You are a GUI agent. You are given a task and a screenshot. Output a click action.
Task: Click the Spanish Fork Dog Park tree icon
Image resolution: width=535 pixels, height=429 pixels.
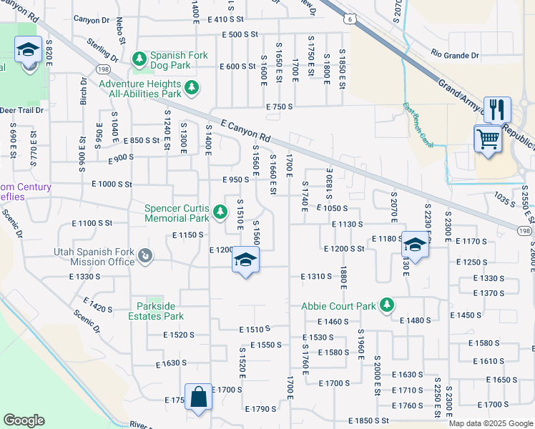pos(140,56)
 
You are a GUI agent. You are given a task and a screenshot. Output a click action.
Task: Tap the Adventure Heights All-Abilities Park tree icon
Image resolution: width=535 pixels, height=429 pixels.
pos(192,88)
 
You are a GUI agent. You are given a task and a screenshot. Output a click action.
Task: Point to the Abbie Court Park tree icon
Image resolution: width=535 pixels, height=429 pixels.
pos(387,305)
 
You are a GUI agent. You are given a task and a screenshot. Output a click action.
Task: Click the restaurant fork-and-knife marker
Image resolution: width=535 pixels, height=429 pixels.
pos(497,109)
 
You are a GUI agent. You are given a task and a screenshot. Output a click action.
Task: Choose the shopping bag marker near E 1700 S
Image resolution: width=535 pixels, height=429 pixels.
pos(198,398)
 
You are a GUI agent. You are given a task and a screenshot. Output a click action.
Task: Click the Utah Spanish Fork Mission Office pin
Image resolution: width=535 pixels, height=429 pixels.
pos(144,255)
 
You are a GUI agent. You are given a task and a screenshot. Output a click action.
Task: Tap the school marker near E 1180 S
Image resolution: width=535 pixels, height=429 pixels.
pos(415,245)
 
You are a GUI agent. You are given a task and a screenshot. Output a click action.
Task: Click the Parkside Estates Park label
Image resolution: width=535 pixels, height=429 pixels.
pos(156,311)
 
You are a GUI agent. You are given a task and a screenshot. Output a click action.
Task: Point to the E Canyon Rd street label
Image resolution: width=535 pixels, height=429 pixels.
pos(246,129)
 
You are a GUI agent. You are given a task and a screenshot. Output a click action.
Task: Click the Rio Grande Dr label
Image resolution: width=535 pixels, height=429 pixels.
pos(455,55)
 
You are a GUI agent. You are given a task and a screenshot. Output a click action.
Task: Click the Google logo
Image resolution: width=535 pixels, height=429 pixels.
pos(24,420)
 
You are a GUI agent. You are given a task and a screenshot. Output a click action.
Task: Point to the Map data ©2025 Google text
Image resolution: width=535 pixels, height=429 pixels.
pos(490,423)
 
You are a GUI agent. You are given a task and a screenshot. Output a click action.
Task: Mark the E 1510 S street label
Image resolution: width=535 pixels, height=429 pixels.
pos(254,329)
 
